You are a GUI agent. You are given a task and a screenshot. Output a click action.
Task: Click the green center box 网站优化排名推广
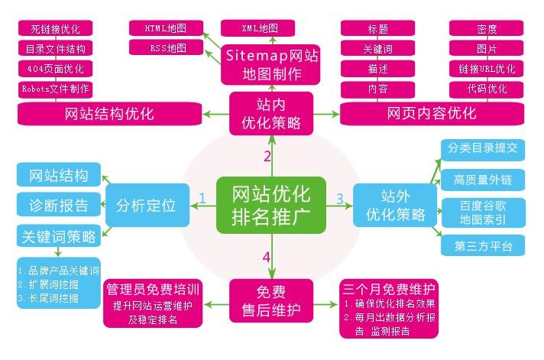[x=270, y=205]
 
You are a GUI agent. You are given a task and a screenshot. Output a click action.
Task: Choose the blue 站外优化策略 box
[x=396, y=205]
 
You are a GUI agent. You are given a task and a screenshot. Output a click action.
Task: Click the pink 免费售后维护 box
[x=270, y=300]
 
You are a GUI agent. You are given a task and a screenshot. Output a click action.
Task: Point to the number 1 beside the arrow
[x=202, y=199]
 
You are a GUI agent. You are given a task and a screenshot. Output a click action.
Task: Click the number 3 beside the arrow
[x=340, y=199]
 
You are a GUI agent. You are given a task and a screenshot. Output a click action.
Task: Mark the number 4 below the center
[x=266, y=257]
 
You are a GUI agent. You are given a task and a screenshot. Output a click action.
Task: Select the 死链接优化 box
[x=54, y=30]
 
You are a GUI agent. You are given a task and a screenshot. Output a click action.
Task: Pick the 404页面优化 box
[x=54, y=69]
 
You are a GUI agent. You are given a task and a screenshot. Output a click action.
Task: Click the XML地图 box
[x=260, y=28]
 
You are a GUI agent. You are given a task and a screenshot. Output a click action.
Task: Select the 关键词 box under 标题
[x=377, y=49]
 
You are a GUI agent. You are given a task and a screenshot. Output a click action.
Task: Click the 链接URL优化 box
[x=486, y=69]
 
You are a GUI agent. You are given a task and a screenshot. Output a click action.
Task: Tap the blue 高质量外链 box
[x=482, y=180]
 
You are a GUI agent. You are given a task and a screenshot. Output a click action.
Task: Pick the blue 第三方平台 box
[x=482, y=245]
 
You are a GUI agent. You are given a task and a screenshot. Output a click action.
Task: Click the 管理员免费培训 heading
[x=152, y=290]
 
